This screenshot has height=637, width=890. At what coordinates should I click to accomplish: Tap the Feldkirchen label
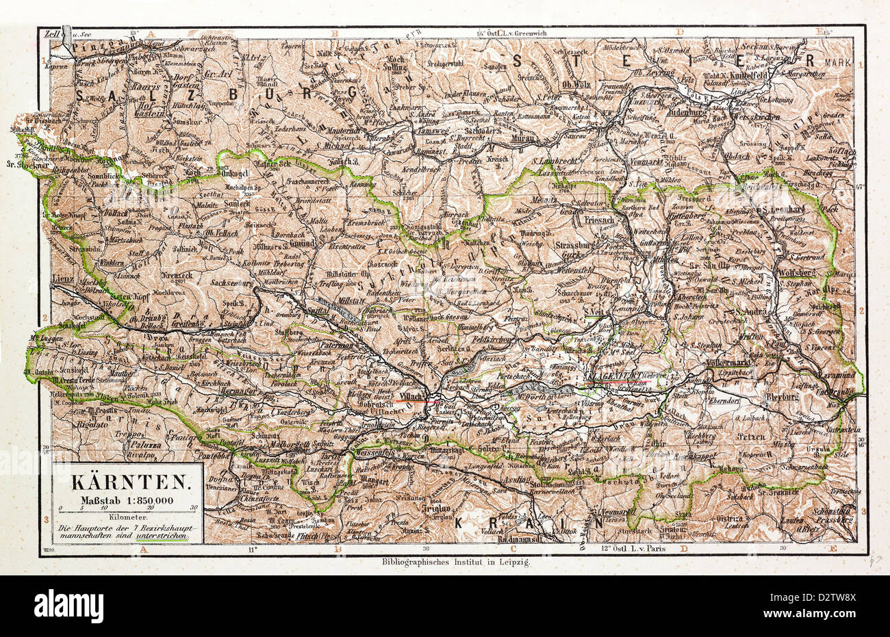click(x=492, y=339)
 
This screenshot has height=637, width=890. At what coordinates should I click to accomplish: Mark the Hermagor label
click(x=244, y=389)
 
